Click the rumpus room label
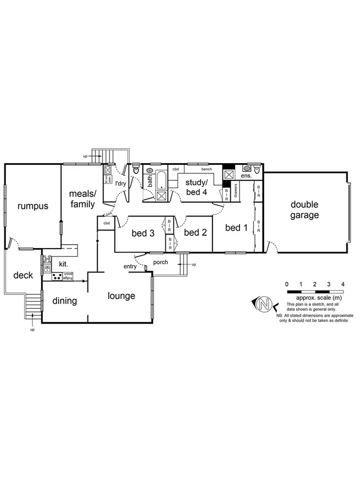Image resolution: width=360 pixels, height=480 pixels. click(x=32, y=206)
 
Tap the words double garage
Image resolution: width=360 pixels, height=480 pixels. click(x=305, y=210)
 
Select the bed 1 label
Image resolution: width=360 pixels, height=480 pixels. click(x=237, y=228)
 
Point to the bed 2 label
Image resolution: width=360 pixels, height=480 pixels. click(x=195, y=232)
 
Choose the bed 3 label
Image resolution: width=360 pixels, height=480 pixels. click(x=143, y=233)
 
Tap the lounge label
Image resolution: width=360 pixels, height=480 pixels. click(x=121, y=296)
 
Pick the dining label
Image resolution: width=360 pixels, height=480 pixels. click(x=65, y=301)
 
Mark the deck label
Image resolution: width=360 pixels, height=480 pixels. click(x=23, y=275)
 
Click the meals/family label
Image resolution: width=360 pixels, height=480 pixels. click(x=82, y=198)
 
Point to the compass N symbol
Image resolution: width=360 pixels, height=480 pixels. click(x=262, y=305)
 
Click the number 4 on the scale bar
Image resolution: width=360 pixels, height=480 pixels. click(x=343, y=284)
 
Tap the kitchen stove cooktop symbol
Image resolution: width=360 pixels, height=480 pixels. click(x=57, y=276)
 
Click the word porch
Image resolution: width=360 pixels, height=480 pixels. click(x=161, y=262)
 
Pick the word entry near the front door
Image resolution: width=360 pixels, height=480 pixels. click(x=130, y=267)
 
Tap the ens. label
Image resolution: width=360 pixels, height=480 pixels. click(x=246, y=176)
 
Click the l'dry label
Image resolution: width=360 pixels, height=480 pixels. click(x=121, y=183)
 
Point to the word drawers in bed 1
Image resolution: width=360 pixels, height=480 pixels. click(x=235, y=190)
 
